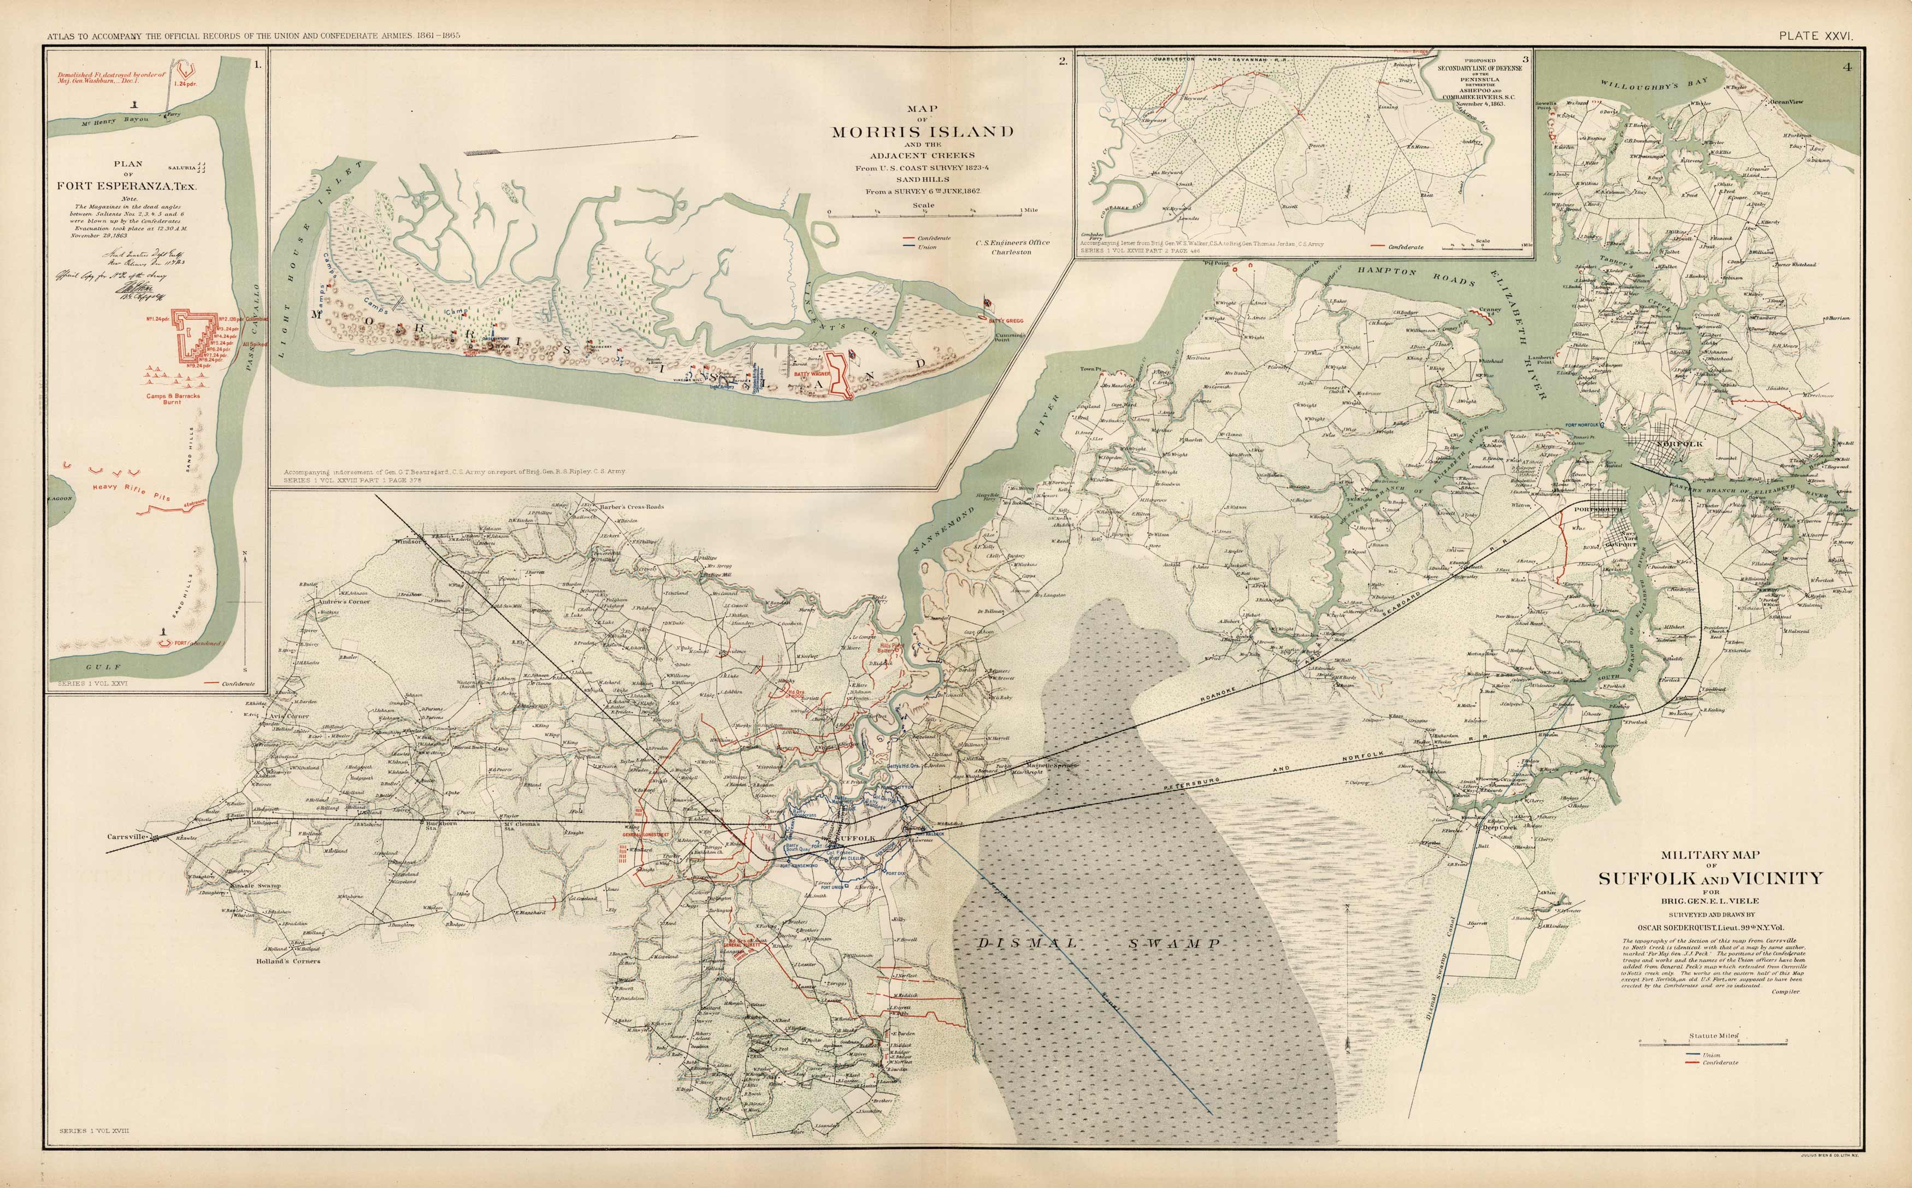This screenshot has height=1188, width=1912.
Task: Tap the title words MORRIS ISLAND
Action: coord(923,132)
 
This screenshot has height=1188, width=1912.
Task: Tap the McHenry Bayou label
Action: coord(115,122)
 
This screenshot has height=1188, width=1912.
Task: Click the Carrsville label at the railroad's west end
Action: coord(127,837)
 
